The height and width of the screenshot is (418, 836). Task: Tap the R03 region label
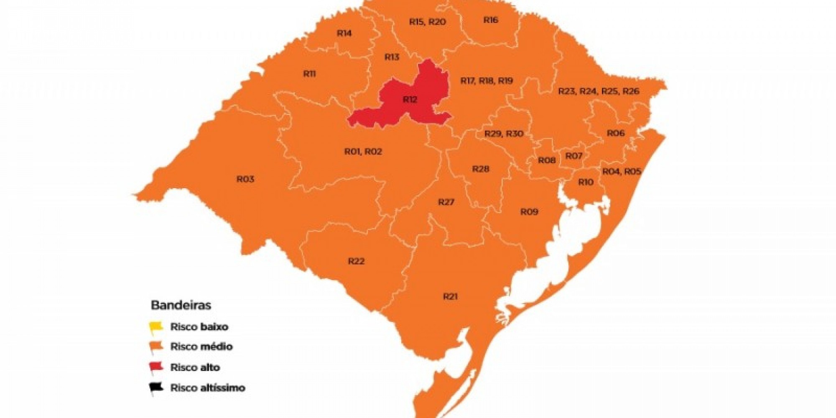pos(245,179)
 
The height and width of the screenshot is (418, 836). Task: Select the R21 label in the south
pos(450,297)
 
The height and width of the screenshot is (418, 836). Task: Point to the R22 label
pos(356,261)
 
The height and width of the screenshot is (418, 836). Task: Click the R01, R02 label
pos(363,151)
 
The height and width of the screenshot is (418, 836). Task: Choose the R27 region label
pos(446,202)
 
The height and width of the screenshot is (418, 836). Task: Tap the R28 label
pos(481,169)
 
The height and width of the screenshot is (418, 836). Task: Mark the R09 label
pos(529,212)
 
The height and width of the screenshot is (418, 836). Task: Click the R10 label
pos(586,182)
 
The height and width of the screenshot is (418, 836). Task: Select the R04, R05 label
pos(622,171)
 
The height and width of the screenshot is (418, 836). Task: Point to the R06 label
pos(615,133)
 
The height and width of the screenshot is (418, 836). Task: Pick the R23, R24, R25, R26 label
pos(599,91)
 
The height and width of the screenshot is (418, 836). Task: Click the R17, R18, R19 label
pos(487,81)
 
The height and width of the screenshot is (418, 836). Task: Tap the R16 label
pos(491,20)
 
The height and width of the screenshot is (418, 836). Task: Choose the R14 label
pos(344,33)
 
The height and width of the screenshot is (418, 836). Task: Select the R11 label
pos(309,74)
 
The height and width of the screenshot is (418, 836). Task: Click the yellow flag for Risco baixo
pos(156,327)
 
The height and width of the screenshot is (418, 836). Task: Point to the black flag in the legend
pos(156,388)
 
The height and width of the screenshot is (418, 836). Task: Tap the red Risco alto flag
pos(156,367)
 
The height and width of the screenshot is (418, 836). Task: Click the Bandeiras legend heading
pos(181,305)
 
